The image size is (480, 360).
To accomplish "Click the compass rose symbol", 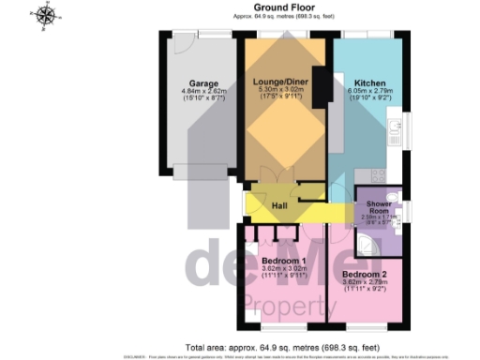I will tap(43, 14).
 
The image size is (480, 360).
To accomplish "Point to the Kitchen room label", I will tap(364, 82).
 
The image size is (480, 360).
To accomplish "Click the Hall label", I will tap(279, 205).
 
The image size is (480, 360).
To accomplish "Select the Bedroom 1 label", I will tap(282, 260).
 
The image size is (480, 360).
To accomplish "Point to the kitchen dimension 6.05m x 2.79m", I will tap(364, 91).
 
